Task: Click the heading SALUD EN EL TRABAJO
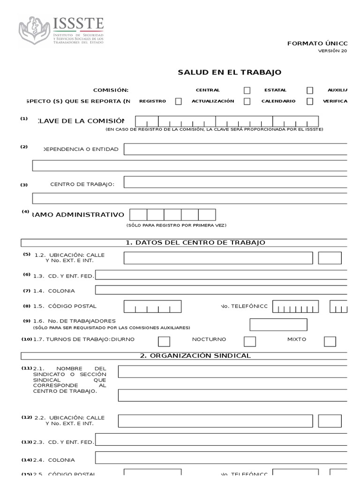(x=229, y=72)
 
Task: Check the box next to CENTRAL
(x=247, y=90)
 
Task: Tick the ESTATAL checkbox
(x=310, y=90)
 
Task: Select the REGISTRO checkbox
(x=178, y=101)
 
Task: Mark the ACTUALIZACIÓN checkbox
(x=247, y=101)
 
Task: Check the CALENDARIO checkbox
(x=310, y=101)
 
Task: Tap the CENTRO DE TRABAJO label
(x=82, y=184)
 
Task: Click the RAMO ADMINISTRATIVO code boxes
(x=172, y=215)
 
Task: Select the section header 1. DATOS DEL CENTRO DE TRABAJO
(x=195, y=242)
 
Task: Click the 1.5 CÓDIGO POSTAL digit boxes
(x=152, y=307)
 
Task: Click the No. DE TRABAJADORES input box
(x=278, y=324)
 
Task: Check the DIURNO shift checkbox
(x=164, y=341)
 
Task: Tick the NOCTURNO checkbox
(x=250, y=341)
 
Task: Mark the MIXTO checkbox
(x=330, y=341)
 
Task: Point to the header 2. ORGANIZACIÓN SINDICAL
(x=195, y=356)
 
